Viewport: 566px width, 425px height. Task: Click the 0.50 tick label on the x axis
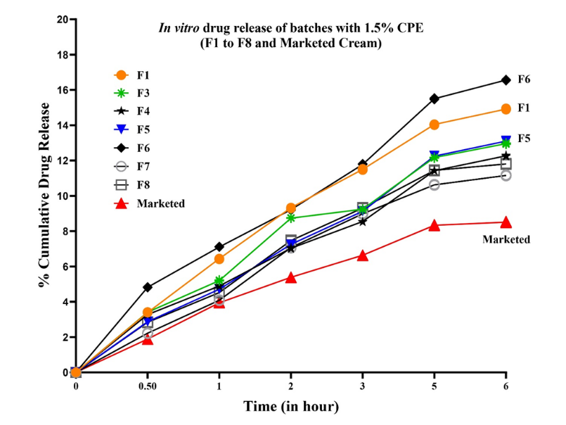coord(147,386)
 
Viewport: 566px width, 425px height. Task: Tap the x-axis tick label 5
coord(435,386)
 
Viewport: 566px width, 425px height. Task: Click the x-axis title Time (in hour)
coord(291,407)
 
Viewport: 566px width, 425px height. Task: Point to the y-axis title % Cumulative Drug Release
coord(45,195)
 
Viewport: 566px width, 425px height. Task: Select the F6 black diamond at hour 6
coord(506,80)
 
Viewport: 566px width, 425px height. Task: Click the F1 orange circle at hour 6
coord(506,108)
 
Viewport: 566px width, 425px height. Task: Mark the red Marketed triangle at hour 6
coord(506,222)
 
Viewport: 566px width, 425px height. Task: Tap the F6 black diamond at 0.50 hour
coord(148,287)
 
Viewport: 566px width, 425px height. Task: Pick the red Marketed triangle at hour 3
coord(363,255)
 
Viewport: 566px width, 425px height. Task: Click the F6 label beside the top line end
coord(524,80)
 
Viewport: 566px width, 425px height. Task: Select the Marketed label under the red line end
coord(506,239)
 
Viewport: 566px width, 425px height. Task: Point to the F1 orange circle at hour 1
coord(219,259)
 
